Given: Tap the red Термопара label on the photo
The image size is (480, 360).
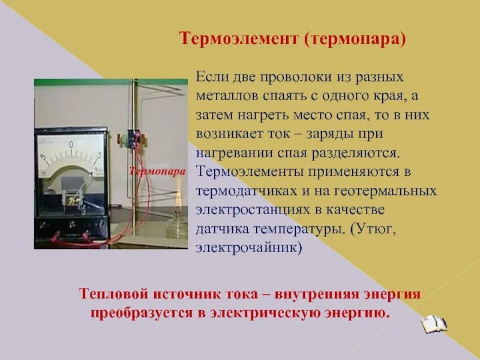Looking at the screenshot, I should (x=157, y=171).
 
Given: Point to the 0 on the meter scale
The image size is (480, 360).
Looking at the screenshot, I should (x=71, y=145).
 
